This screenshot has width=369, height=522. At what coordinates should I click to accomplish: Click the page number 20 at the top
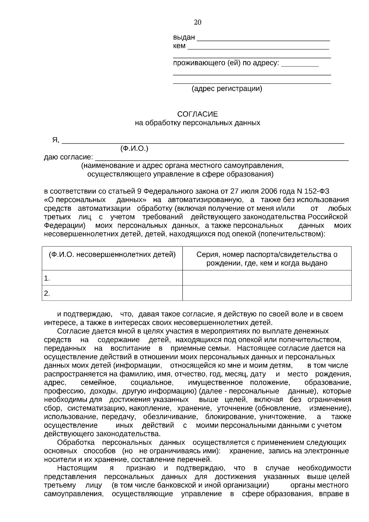[x=197, y=22]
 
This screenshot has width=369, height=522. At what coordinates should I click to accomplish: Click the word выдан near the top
[x=184, y=38]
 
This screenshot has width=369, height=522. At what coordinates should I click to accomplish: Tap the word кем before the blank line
[x=179, y=46]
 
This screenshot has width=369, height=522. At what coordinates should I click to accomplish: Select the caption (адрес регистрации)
[x=227, y=89]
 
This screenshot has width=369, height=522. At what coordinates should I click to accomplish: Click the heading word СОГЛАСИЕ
[x=197, y=114]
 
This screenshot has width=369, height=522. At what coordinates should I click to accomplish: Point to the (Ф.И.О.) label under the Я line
[x=134, y=149]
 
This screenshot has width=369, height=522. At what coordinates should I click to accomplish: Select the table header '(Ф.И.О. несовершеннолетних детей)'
[x=112, y=255]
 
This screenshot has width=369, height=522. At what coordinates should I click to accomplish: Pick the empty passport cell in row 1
[x=267, y=278]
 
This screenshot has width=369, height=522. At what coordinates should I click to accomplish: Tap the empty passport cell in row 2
[x=267, y=293]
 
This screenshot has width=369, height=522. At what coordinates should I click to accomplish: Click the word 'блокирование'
[x=230, y=417]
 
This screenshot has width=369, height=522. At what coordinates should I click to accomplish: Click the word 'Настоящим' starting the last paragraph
[x=77, y=468]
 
